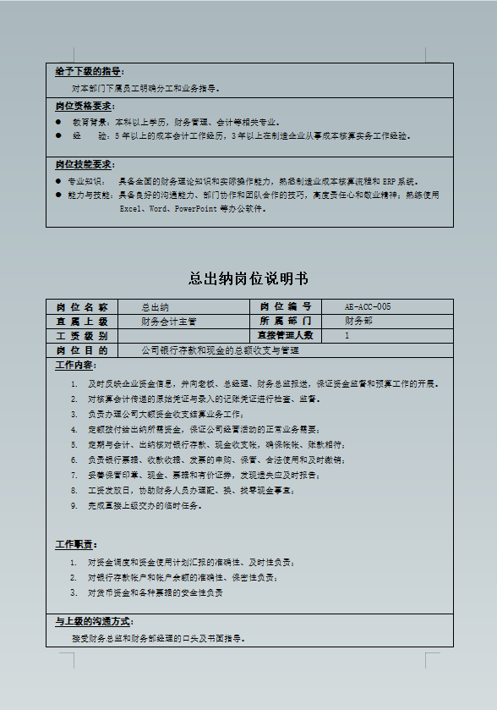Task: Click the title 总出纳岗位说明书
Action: (248, 278)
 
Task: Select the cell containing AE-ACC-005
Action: (368, 306)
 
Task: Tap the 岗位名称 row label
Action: (82, 306)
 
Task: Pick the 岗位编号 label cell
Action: (286, 306)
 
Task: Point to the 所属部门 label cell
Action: (286, 321)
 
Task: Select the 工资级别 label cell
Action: (82, 335)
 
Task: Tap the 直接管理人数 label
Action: (286, 335)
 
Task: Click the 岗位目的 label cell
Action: (82, 349)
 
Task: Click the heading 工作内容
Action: (75, 365)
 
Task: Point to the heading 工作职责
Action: (75, 544)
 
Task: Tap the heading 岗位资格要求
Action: (85, 106)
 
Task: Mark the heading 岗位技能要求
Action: (85, 164)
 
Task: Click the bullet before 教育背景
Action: (58, 122)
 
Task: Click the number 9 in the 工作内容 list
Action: (74, 505)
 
